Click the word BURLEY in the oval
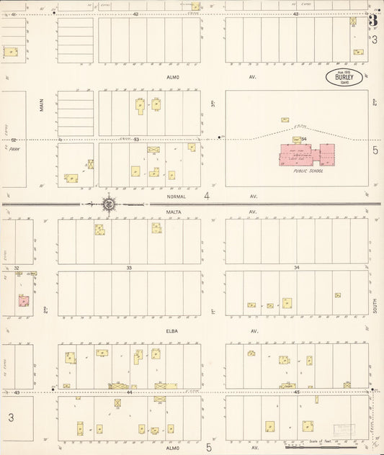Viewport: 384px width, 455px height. pyautogui.click(x=344, y=76)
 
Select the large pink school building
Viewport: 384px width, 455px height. pyautogui.click(x=307, y=154)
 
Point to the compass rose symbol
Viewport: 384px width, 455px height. pyautogui.click(x=108, y=204)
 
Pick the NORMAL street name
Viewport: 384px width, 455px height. pyautogui.click(x=176, y=196)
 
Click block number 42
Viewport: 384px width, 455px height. pyautogui.click(x=135, y=14)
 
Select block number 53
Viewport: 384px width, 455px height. pyautogui.click(x=135, y=139)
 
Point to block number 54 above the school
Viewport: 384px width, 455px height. pyautogui.click(x=304, y=139)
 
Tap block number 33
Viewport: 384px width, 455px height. pyautogui.click(x=130, y=267)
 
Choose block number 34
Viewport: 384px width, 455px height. pyautogui.click(x=296, y=267)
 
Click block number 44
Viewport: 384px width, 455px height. pyautogui.click(x=130, y=392)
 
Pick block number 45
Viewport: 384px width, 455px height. pyautogui.click(x=296, y=392)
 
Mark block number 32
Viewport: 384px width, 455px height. pyautogui.click(x=16, y=267)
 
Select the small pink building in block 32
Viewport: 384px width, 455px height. pyautogui.click(x=23, y=300)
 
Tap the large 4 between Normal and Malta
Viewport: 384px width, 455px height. pyautogui.click(x=206, y=196)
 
